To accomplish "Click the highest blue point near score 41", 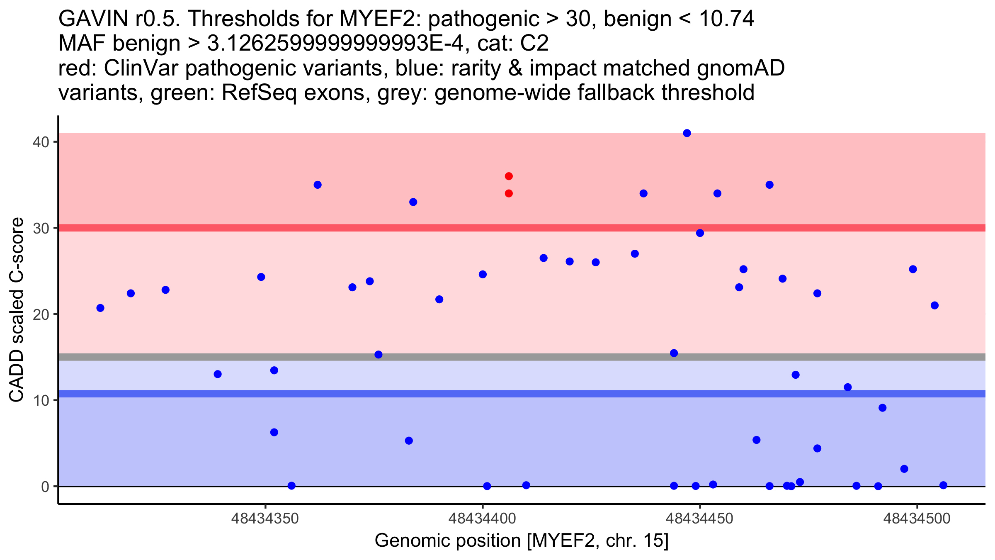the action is [x=687, y=133].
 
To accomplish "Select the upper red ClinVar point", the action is [x=509, y=176].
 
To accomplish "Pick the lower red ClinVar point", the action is [x=509, y=193].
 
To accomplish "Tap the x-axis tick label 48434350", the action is [x=265, y=519].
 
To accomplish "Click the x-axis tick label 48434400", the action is [x=482, y=519].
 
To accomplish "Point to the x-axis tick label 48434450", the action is [x=700, y=519].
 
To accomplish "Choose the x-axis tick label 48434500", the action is [x=917, y=519].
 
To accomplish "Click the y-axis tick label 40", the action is [x=41, y=142].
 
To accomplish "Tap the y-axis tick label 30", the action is [x=41, y=228].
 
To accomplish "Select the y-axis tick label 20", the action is [x=41, y=314].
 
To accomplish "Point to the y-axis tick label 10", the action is [x=41, y=400].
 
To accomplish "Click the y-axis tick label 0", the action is [x=45, y=486].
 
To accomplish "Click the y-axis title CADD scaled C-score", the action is [x=17, y=310].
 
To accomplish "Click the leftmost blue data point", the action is [x=100, y=308].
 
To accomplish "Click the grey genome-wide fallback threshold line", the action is [x=522, y=357].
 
